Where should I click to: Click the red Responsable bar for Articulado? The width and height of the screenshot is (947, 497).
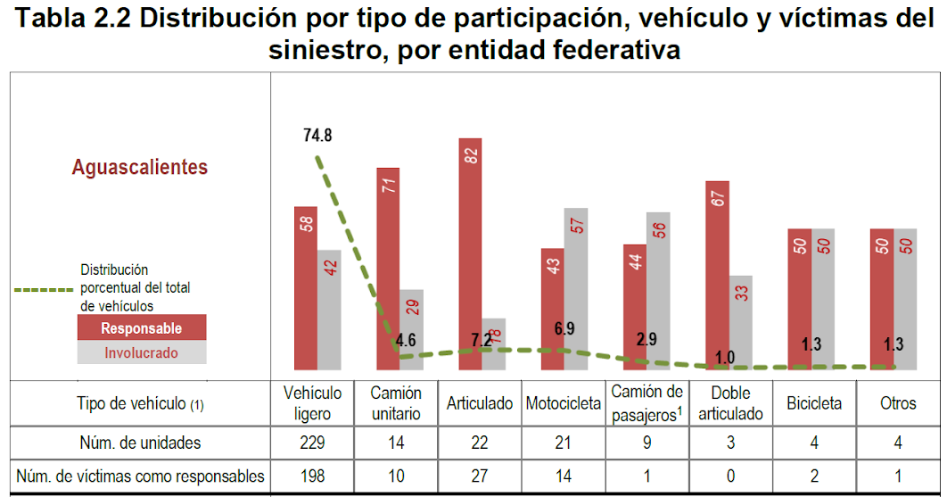(x=470, y=254)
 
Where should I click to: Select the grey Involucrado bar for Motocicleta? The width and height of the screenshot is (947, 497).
(x=575, y=290)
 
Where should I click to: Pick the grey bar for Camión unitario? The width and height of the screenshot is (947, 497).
(x=411, y=329)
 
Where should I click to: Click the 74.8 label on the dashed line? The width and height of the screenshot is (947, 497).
(x=317, y=136)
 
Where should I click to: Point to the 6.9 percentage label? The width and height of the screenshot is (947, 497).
(x=564, y=328)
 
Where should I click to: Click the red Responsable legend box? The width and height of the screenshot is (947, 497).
(x=142, y=328)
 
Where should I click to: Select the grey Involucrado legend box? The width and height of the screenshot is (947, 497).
(x=142, y=352)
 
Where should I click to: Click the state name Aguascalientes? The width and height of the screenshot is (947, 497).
(x=140, y=167)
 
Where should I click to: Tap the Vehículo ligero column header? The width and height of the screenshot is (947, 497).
(x=312, y=403)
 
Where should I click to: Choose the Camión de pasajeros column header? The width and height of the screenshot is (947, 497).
(x=647, y=402)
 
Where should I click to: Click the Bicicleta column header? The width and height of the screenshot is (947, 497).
(x=813, y=403)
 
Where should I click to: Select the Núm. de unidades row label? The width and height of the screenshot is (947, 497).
(x=140, y=443)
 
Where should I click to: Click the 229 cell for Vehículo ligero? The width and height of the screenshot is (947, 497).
(x=312, y=443)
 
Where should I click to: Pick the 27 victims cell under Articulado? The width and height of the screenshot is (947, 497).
(x=480, y=476)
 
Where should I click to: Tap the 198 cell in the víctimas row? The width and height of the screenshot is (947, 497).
(x=312, y=476)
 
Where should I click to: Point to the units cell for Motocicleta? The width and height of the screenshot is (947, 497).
(x=564, y=443)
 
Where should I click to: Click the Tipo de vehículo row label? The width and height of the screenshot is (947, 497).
(x=140, y=403)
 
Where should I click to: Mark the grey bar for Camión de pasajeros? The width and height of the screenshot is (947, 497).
(x=658, y=291)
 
